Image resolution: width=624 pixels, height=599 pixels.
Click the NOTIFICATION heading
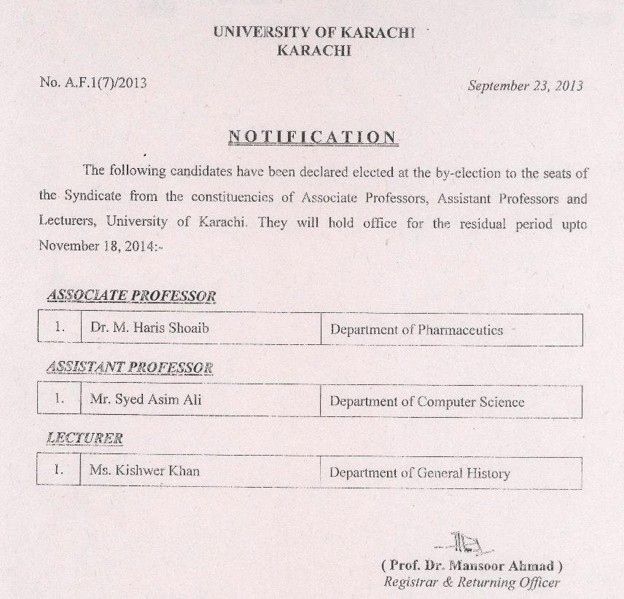point(313,137)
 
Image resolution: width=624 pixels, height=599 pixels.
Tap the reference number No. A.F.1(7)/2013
point(93,83)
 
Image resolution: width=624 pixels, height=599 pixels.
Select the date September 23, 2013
point(525,86)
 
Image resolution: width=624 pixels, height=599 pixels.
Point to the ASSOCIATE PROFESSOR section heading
point(131,295)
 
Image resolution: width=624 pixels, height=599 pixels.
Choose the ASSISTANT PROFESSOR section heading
point(129,368)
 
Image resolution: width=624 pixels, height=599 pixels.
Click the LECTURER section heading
point(85,438)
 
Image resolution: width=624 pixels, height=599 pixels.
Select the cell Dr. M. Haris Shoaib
point(149,328)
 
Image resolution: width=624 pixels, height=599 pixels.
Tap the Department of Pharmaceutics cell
point(416,330)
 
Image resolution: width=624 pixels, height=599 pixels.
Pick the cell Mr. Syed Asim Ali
point(145,400)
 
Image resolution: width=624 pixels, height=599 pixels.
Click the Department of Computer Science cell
point(426,402)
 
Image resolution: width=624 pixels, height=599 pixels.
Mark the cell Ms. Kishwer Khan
point(144,471)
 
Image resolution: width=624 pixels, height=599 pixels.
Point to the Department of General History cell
point(419,473)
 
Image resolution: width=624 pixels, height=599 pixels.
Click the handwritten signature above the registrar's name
point(464,544)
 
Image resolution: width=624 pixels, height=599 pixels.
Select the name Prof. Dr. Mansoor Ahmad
point(472,566)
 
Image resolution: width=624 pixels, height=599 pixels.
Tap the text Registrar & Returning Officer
point(472,582)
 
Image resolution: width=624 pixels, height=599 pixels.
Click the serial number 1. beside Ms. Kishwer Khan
point(59,470)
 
